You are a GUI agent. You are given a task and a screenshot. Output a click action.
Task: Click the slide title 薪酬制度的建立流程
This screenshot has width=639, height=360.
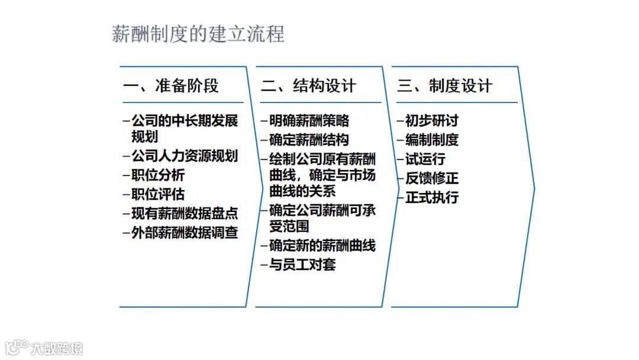pyautogui.click(x=198, y=34)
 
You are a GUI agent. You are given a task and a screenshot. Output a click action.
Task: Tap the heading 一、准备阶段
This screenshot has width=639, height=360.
pyautogui.click(x=171, y=86)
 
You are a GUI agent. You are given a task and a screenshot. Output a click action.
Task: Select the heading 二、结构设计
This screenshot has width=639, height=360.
pyautogui.click(x=309, y=86)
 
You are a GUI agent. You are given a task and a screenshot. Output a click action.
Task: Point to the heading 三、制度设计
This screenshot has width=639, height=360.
pyautogui.click(x=445, y=86)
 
